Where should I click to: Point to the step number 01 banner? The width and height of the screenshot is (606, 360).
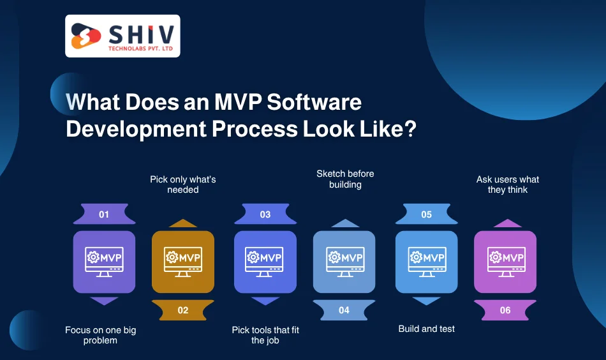[104, 214]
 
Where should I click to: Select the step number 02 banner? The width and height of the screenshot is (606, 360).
[183, 310]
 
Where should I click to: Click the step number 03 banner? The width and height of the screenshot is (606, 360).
[265, 214]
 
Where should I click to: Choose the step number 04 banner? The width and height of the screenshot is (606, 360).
[344, 310]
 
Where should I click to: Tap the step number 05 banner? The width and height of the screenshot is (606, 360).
[426, 214]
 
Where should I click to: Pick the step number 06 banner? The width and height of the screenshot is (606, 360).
[505, 310]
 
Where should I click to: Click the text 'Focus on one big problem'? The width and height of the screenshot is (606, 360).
[101, 335]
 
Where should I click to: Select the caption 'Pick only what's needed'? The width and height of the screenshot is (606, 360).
[183, 184]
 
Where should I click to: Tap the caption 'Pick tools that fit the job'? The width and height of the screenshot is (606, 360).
[265, 335]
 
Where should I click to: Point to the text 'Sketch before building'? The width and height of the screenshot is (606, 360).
[345, 179]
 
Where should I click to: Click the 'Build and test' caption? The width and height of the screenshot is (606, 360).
[427, 329]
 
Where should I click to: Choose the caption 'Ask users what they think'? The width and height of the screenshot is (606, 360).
[508, 184]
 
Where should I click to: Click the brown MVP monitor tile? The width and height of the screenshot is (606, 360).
[183, 262]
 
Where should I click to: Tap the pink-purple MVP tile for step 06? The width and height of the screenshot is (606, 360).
[505, 262]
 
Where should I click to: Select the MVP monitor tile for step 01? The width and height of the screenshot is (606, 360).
[104, 262]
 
